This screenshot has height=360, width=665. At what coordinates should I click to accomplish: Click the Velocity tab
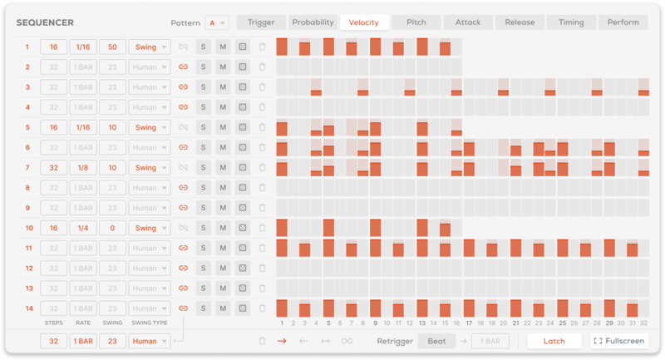coord(363,22)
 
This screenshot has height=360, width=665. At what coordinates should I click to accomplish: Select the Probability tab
coord(313,22)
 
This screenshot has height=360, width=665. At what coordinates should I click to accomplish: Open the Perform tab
coord(623,22)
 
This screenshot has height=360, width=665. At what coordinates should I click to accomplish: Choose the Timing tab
coord(571,22)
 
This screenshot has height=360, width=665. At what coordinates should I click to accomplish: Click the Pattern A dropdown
coord(219,22)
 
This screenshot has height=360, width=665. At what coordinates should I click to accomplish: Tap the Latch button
coord(554,341)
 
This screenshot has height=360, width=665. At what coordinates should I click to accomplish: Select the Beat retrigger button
coord(436,341)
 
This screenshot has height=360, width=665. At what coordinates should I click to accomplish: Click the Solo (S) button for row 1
coord(203,47)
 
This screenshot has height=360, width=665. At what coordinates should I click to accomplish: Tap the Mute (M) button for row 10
coord(223,228)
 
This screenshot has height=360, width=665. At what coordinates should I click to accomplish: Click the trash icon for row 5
coord(262,127)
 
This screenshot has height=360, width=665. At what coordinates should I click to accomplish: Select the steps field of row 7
coord(52,167)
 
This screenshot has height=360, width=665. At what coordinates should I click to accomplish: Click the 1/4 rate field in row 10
coord(82,228)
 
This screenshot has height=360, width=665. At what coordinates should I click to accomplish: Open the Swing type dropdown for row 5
coord(150,127)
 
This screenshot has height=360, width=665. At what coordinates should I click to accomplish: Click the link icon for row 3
coord(184,86)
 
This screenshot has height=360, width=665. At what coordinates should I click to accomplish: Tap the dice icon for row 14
coord(242,308)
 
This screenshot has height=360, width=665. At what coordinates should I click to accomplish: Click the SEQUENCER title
coord(47,22)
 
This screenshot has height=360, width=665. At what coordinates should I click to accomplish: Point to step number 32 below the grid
coord(643,323)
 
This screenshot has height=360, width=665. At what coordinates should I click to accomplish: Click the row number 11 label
coord(27,248)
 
